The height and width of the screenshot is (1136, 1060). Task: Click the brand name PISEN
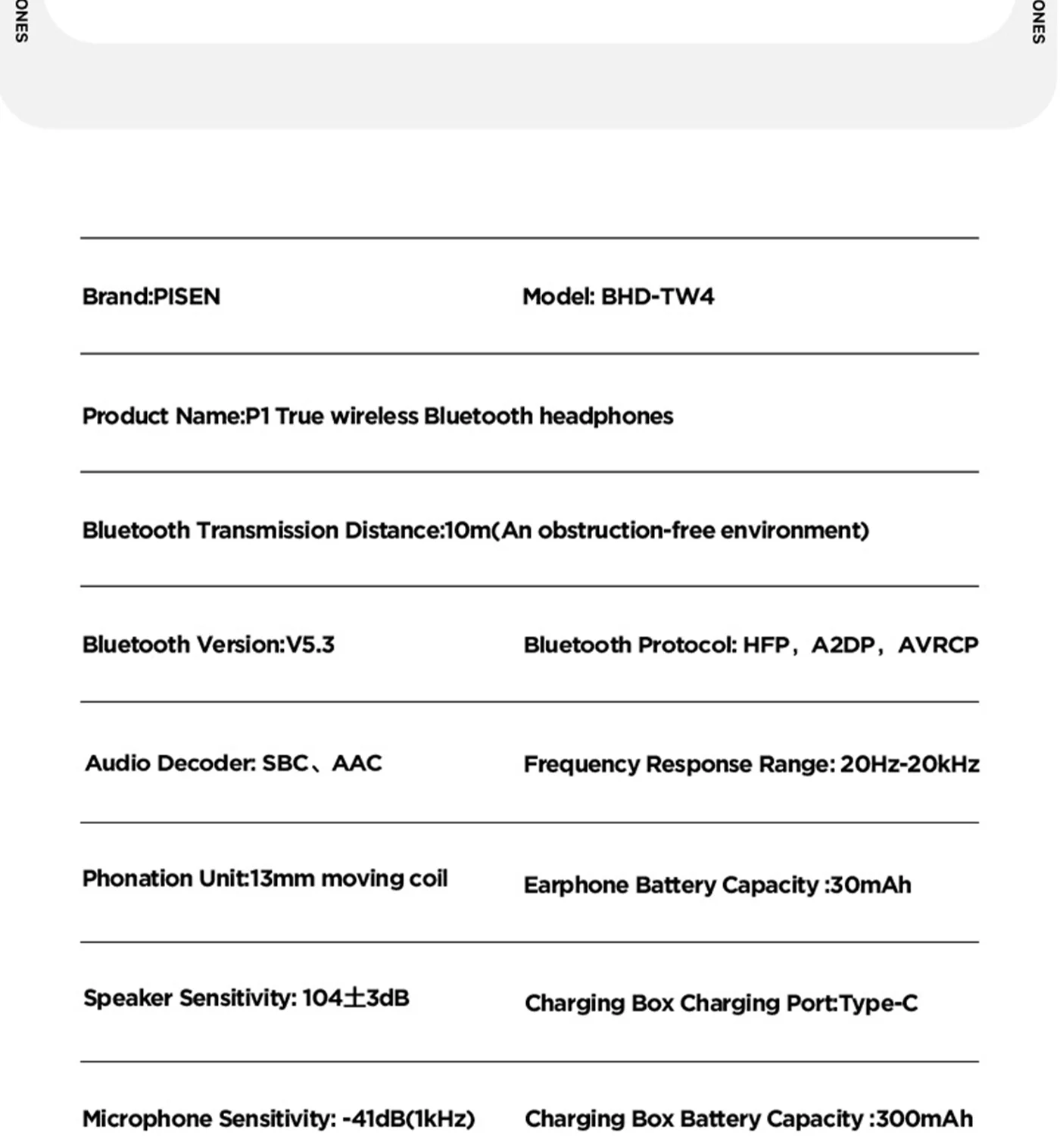pyautogui.click(x=186, y=296)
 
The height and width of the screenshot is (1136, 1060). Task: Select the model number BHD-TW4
pyautogui.click(x=657, y=296)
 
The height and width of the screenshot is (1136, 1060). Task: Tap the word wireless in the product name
pyautogui.click(x=374, y=416)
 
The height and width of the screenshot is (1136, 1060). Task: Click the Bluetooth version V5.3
pyautogui.click(x=310, y=644)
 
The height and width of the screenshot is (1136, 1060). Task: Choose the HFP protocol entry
pyautogui.click(x=765, y=645)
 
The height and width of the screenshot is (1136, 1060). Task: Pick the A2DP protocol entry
pyautogui.click(x=843, y=645)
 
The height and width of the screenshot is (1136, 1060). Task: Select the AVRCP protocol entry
pyautogui.click(x=938, y=645)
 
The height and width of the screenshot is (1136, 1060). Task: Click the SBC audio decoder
pyautogui.click(x=285, y=763)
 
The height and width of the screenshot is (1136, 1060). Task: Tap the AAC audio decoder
pyautogui.click(x=357, y=763)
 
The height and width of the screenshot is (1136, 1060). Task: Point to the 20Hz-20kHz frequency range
pyautogui.click(x=909, y=764)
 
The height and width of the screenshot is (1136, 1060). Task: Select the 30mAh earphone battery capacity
pyautogui.click(x=871, y=885)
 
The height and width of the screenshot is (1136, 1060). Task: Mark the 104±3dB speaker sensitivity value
pyautogui.click(x=355, y=998)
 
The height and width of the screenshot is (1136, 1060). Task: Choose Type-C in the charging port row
pyautogui.click(x=878, y=1003)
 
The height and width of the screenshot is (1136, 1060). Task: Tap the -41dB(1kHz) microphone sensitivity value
pyautogui.click(x=408, y=1119)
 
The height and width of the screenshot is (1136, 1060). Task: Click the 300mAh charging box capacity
pyautogui.click(x=924, y=1119)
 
